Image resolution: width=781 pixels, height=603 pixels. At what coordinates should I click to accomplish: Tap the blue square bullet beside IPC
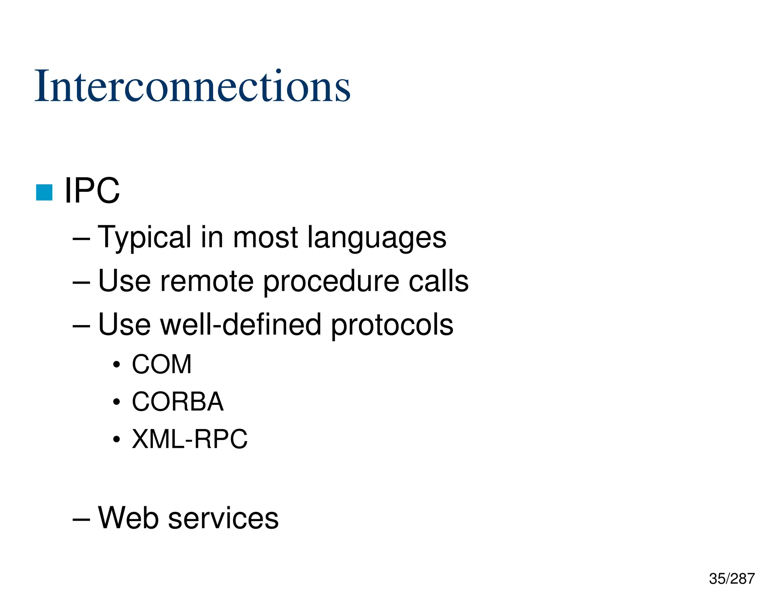pos(44,192)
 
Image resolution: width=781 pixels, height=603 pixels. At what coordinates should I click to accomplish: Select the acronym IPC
pos(92,191)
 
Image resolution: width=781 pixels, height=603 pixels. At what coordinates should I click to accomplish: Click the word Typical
pos(145,238)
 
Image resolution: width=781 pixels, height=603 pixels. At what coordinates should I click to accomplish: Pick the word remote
pos(207,281)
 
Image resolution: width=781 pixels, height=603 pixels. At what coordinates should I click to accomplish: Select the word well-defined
pos(240,325)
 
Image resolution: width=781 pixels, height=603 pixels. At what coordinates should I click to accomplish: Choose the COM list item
pos(162,364)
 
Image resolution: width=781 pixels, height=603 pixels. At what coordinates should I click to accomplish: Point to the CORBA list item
pos(177,402)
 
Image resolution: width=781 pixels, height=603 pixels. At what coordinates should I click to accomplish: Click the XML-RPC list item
pos(190,439)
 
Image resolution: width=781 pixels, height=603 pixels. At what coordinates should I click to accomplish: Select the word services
pos(223,518)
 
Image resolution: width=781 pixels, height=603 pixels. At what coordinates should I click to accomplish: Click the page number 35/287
pos(731,579)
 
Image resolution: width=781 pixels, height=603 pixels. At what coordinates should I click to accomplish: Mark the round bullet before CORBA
pos(117,403)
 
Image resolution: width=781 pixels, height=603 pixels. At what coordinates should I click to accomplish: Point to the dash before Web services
pos(81,519)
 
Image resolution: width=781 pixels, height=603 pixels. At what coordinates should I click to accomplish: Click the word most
pos(265,238)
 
